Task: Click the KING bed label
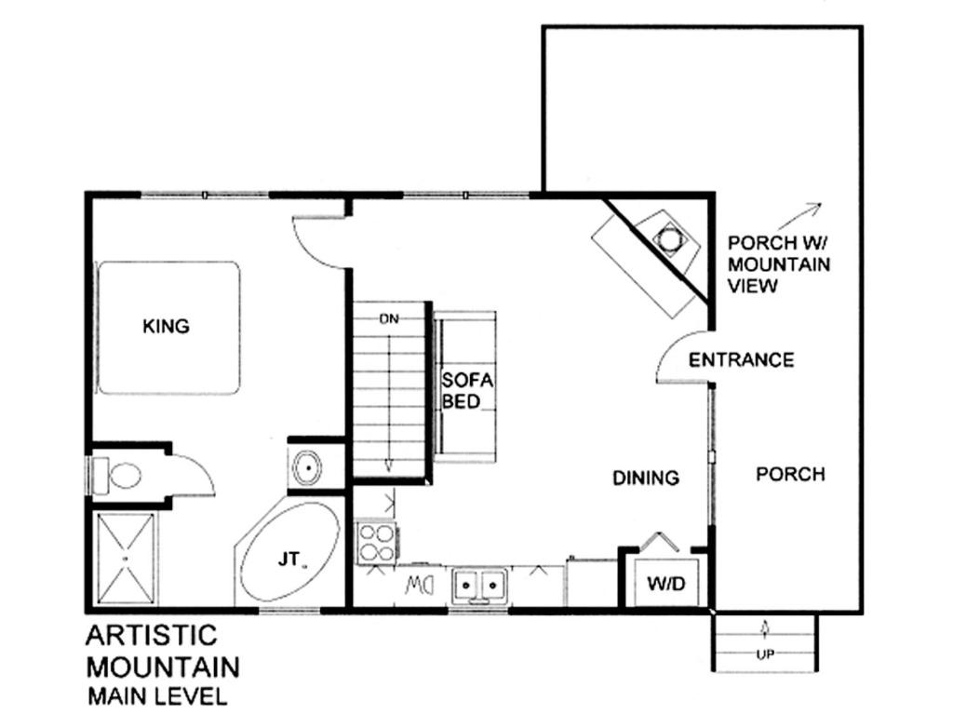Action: pos(166,327)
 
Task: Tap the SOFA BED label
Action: pos(467,391)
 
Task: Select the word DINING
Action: pos(646,478)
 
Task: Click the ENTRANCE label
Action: pos(741,360)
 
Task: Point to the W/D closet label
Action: pos(666,584)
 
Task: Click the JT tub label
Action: pos(289,559)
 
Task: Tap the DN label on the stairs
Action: pos(389,318)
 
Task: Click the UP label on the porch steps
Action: pos(765,654)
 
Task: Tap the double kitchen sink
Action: pos(479,586)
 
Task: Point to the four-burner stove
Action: pos(376,543)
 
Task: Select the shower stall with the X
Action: pos(126,559)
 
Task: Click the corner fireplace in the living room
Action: pos(654,254)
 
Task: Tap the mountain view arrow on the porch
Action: pos(799,218)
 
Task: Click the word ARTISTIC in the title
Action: pos(152,635)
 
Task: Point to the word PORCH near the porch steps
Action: pos(790,474)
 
